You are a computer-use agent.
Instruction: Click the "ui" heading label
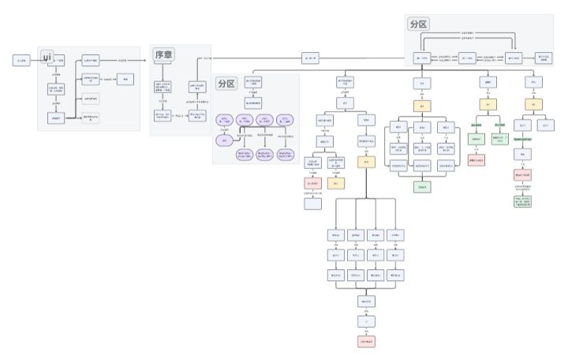(47, 57)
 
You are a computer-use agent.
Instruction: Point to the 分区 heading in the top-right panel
(419, 24)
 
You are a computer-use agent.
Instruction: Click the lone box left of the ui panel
(21, 60)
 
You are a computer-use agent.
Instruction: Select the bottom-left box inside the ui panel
(55, 118)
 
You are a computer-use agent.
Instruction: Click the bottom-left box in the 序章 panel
(163, 115)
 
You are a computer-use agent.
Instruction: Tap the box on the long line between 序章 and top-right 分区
(309, 58)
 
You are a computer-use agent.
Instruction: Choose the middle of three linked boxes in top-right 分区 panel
(466, 58)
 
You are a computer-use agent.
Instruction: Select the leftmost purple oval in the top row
(225, 121)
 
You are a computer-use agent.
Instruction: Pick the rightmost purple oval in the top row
(286, 121)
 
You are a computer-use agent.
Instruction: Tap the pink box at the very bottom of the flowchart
(366, 342)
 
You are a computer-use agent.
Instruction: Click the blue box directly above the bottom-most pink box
(366, 321)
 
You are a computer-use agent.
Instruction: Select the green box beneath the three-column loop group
(423, 187)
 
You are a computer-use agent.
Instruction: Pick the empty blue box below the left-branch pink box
(313, 204)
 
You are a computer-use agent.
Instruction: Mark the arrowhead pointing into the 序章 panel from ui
(150, 60)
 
